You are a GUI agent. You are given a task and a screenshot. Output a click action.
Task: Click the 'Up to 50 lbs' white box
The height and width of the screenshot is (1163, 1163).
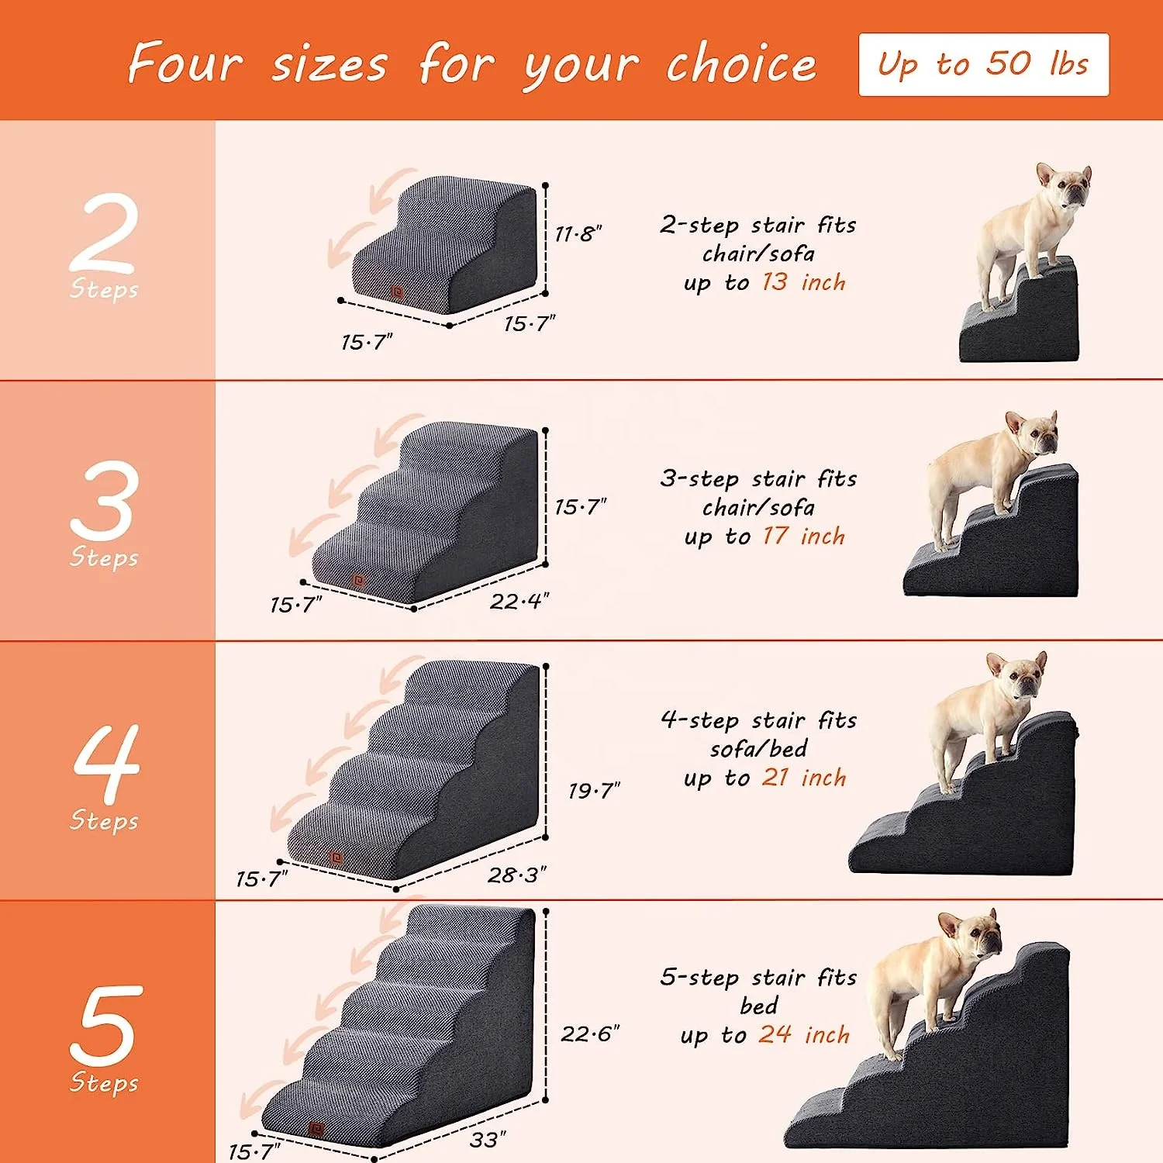click(x=983, y=64)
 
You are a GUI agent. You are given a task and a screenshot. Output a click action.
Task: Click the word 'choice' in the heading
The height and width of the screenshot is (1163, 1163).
click(x=740, y=64)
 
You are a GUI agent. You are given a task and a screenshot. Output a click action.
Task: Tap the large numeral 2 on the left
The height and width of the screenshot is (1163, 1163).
click(x=105, y=233)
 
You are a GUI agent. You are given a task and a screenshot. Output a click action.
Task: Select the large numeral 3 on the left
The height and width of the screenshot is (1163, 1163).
click(x=105, y=500)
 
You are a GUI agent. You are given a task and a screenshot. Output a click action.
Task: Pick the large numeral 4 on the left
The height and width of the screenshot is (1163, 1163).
click(x=107, y=764)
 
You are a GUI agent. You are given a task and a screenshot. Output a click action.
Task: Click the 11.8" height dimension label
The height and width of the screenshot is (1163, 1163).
click(x=578, y=233)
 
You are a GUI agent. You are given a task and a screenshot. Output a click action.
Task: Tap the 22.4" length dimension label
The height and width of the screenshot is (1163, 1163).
click(x=519, y=601)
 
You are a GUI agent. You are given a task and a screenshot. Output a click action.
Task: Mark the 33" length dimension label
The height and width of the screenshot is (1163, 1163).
click(x=488, y=1140)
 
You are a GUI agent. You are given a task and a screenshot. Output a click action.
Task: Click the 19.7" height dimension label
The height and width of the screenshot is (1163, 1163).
click(x=594, y=791)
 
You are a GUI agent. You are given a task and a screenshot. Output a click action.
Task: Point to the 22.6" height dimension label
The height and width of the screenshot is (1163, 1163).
click(x=590, y=1034)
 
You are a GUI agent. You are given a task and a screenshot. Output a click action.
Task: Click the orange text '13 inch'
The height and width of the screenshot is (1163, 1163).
click(x=803, y=281)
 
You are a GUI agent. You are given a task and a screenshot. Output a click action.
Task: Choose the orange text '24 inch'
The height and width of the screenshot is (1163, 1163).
click(x=804, y=1034)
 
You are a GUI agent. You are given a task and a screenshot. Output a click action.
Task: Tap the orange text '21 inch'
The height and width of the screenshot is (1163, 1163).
click(x=804, y=777)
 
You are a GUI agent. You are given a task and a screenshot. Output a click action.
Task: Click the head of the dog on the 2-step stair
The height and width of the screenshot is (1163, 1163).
click(x=1064, y=186)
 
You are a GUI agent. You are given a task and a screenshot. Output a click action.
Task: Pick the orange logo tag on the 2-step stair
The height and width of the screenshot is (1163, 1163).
click(x=398, y=292)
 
